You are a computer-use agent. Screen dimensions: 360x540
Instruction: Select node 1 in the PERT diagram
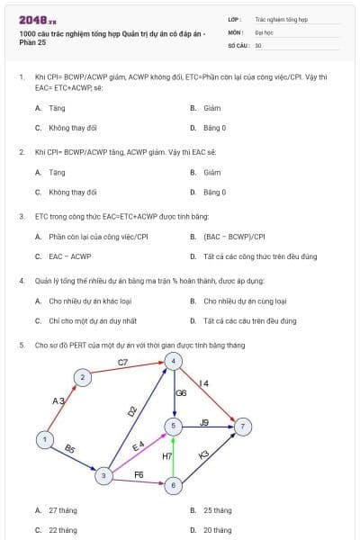click(44, 439)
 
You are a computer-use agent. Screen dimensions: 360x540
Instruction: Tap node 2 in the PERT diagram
click(82, 377)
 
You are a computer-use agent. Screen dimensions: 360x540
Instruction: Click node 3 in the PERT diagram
click(105, 474)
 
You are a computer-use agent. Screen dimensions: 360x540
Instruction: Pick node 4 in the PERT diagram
click(174, 361)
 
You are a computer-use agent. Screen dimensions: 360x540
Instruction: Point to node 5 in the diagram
click(174, 424)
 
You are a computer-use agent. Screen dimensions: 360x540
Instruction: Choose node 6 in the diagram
click(174, 485)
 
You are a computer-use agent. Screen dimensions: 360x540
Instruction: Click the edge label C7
click(123, 362)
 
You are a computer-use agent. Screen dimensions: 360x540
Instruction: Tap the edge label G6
click(181, 393)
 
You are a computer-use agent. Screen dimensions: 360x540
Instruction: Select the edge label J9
click(204, 422)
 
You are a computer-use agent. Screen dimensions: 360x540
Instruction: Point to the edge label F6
click(139, 473)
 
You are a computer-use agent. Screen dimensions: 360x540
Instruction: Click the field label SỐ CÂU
click(238, 44)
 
